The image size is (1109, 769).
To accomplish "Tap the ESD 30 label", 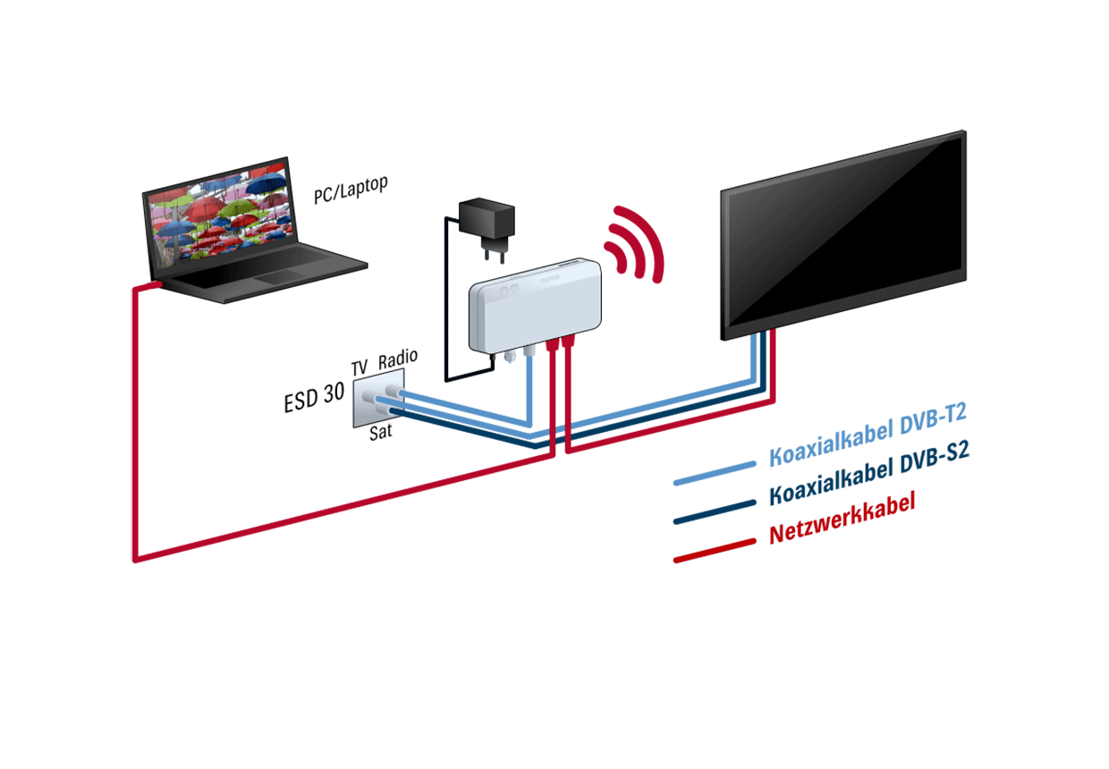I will [314, 398].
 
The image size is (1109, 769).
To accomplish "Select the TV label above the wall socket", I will [360, 368].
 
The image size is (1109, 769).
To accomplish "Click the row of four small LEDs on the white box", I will [549, 278].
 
